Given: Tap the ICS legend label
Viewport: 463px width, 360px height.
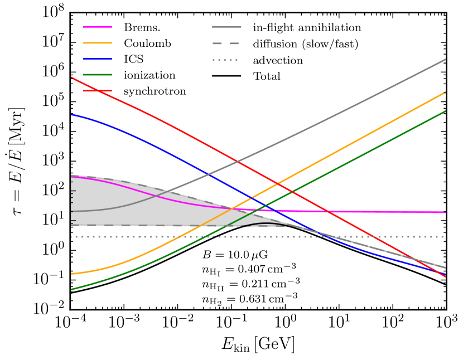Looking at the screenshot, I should click(132, 59).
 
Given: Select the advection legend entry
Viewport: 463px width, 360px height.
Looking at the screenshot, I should click(278, 60).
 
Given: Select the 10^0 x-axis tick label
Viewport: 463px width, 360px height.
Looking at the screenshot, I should click(286, 324).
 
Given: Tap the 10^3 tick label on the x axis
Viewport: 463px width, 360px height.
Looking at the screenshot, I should click(446, 324).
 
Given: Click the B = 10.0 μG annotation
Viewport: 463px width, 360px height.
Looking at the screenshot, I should click(235, 255).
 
